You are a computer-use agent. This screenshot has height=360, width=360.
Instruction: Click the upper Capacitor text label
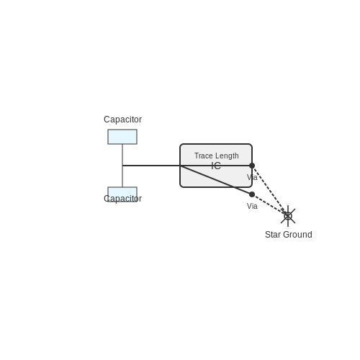122,120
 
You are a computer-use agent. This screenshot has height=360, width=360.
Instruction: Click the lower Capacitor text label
122,199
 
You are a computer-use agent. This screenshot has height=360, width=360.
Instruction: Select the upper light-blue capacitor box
122,137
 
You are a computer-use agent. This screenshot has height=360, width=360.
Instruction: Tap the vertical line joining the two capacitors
122,166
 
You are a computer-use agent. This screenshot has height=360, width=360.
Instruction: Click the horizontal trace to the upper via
187,166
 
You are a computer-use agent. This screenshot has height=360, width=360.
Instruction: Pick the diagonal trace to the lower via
216,180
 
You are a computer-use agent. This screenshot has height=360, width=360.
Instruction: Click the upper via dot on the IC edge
252,166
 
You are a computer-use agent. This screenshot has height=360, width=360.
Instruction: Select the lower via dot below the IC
252,194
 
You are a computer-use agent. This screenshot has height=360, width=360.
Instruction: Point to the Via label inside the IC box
252,177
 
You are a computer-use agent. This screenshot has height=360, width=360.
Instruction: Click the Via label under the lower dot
252,206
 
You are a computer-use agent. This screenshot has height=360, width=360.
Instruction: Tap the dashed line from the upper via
270,191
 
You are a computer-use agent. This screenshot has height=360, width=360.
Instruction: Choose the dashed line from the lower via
270,205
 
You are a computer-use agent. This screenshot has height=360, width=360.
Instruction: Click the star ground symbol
288,216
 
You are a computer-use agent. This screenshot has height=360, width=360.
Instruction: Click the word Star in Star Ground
272,235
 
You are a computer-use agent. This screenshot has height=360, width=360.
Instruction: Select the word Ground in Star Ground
297,235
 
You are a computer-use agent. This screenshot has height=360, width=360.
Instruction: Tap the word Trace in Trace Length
203,156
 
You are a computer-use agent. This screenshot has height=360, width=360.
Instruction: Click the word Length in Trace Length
227,156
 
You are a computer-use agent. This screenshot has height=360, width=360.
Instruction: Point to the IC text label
216,166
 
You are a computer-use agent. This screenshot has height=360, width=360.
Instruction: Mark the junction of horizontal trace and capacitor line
122,166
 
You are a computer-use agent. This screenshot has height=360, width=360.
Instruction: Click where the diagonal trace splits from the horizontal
180,166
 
